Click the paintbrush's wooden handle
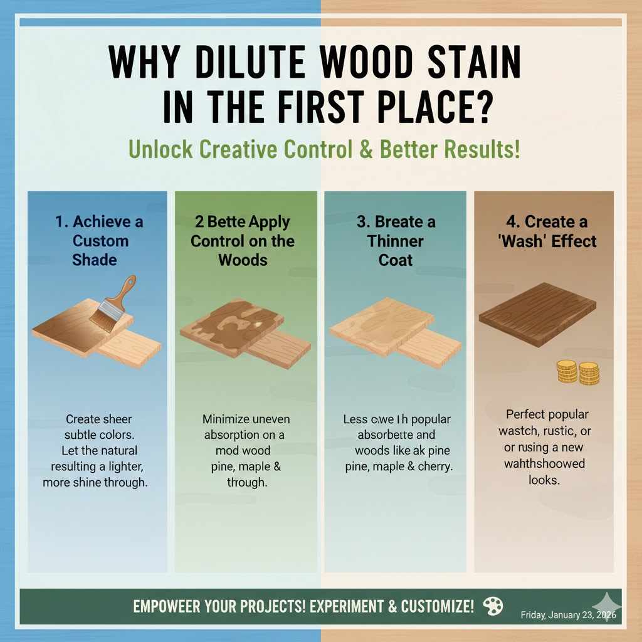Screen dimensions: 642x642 pos(125,291)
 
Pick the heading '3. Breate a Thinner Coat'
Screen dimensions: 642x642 pos(396,240)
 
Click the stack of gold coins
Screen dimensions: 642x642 pos(578,372)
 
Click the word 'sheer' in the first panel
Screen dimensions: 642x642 pos(118,419)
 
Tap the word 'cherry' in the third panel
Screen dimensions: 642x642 pos(435,467)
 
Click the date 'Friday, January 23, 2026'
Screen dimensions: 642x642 pos(568,615)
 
